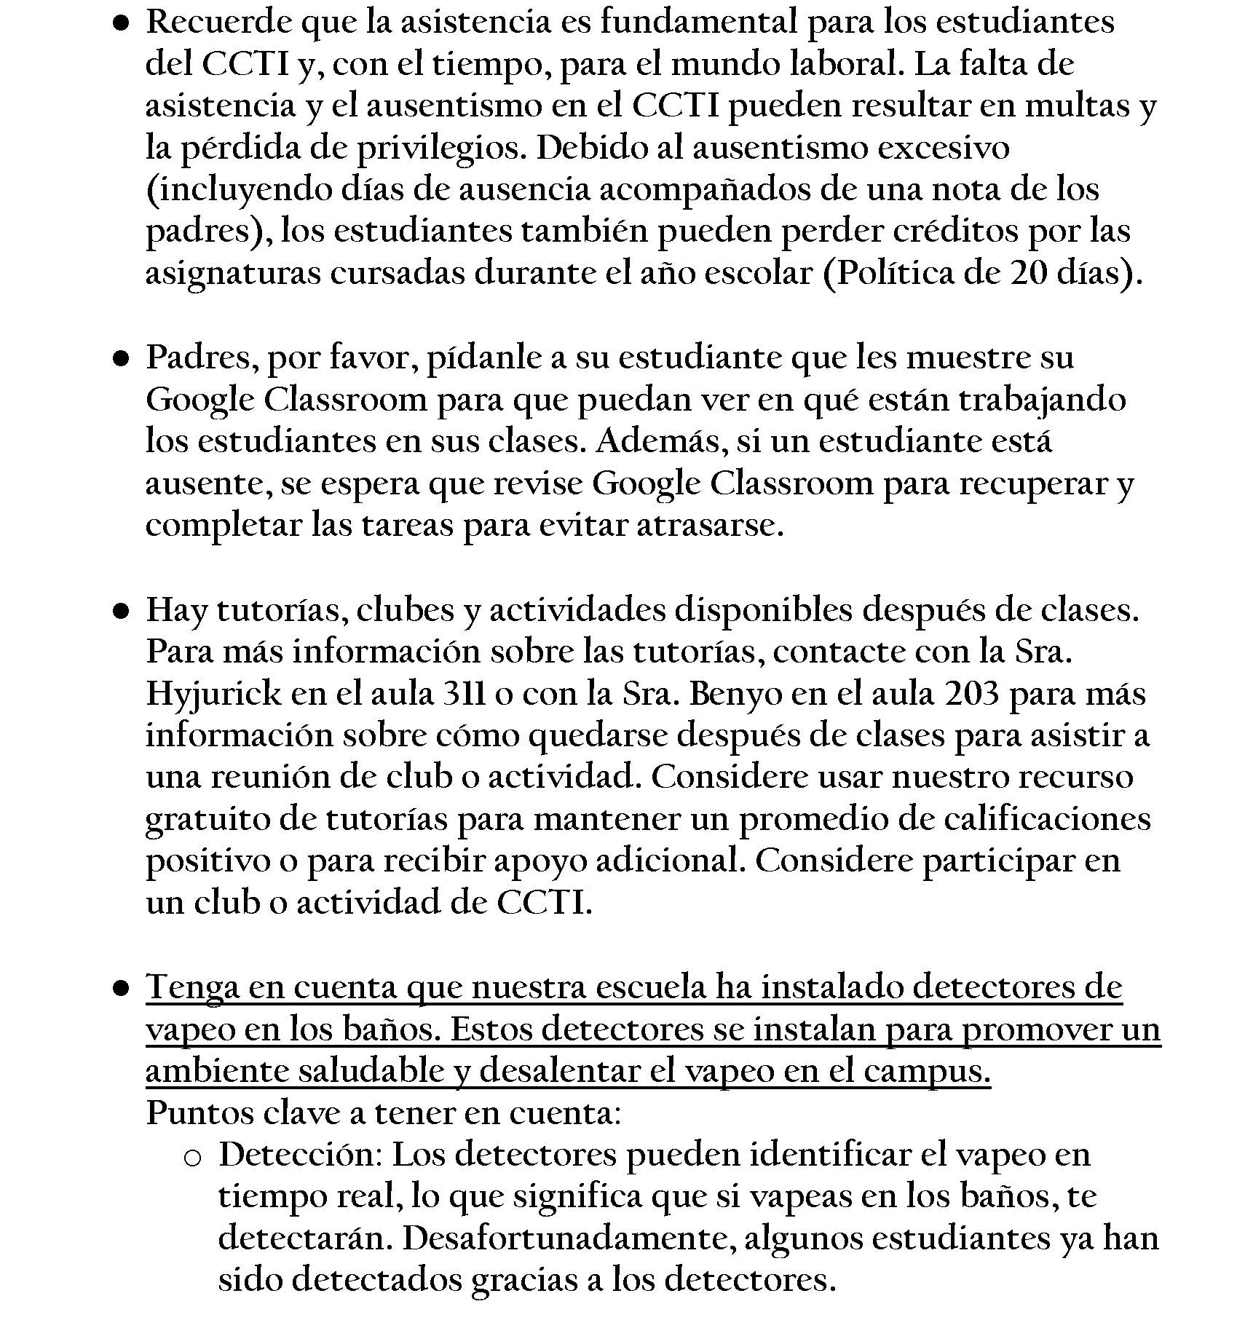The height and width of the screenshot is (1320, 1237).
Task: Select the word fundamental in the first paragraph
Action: (x=698, y=22)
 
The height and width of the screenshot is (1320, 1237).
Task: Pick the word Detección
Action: (x=299, y=1155)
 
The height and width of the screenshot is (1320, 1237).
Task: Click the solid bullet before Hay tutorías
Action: (x=121, y=612)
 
